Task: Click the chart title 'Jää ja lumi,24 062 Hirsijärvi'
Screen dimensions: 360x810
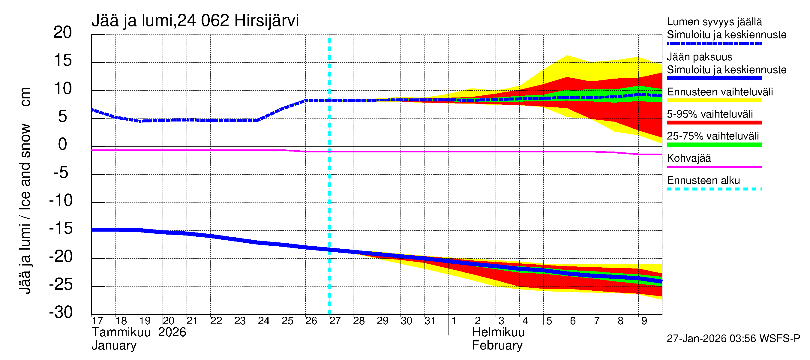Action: click(195, 21)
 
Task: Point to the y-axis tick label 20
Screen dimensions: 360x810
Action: click(63, 32)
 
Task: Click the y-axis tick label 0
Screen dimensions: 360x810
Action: click(63, 144)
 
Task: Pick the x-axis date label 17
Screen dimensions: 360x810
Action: click(97, 321)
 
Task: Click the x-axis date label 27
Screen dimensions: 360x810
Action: click(335, 321)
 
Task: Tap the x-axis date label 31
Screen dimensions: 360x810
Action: click(430, 321)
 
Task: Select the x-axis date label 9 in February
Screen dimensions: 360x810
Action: click(644, 321)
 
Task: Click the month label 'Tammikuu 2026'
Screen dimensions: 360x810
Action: click(139, 332)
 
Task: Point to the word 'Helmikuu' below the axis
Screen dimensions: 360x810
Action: click(498, 332)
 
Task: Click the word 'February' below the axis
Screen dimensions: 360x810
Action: click(497, 346)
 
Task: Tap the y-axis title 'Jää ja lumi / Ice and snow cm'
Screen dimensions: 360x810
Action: click(25, 190)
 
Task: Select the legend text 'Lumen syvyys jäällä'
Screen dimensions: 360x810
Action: click(714, 22)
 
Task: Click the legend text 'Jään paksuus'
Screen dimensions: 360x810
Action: click(700, 57)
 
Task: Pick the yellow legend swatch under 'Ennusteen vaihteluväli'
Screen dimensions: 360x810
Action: click(714, 100)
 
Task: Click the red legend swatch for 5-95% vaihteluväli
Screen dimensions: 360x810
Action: click(714, 122)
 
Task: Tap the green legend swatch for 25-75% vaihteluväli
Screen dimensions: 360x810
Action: click(714, 145)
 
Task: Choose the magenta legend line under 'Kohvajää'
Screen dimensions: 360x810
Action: click(714, 166)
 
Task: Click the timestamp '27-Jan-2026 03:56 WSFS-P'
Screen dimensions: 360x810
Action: click(733, 338)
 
